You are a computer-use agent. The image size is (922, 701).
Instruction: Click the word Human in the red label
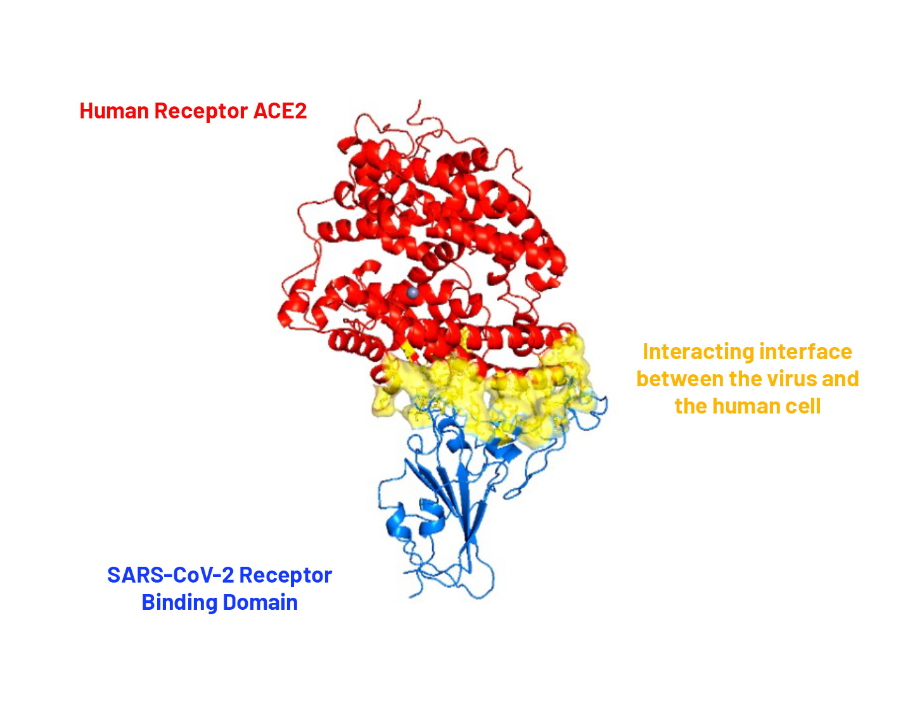coord(114,111)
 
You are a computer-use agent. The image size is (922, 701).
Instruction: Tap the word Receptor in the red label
coord(201,112)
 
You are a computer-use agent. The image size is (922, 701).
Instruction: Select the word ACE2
coord(280,111)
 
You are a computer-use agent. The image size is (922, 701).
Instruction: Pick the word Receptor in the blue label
coord(286,576)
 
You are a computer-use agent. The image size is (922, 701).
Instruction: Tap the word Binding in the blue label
coord(179,603)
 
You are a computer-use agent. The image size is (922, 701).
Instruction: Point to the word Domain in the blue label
coord(260,602)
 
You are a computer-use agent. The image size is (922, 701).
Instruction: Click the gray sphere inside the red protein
coord(413,293)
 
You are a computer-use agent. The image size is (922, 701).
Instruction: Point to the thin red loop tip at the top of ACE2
coord(419,101)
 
